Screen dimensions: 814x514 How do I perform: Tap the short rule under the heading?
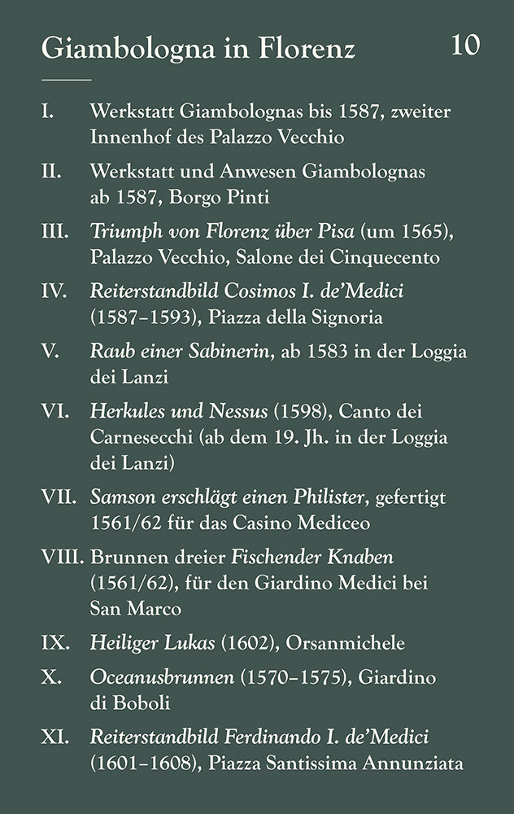[x=66, y=80]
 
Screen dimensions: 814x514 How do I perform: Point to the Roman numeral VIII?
[x=64, y=558]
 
